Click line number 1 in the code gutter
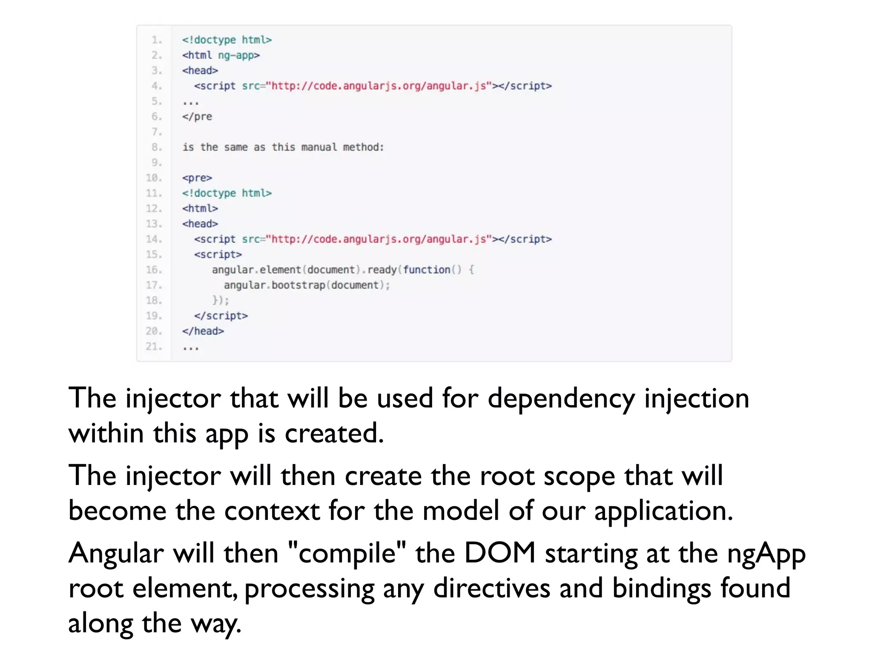click(x=157, y=40)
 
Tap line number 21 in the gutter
click(x=154, y=347)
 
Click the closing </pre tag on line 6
click(x=197, y=117)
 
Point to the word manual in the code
click(x=319, y=147)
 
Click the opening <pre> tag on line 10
click(x=197, y=178)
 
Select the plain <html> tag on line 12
click(x=200, y=209)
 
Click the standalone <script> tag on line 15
click(x=218, y=255)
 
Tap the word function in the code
click(x=427, y=270)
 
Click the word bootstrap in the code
click(x=298, y=285)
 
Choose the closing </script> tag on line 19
click(x=221, y=316)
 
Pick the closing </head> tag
click(x=203, y=331)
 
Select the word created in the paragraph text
click(x=334, y=433)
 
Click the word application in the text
click(x=663, y=511)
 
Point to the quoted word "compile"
click(x=347, y=554)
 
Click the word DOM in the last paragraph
click(x=499, y=554)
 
